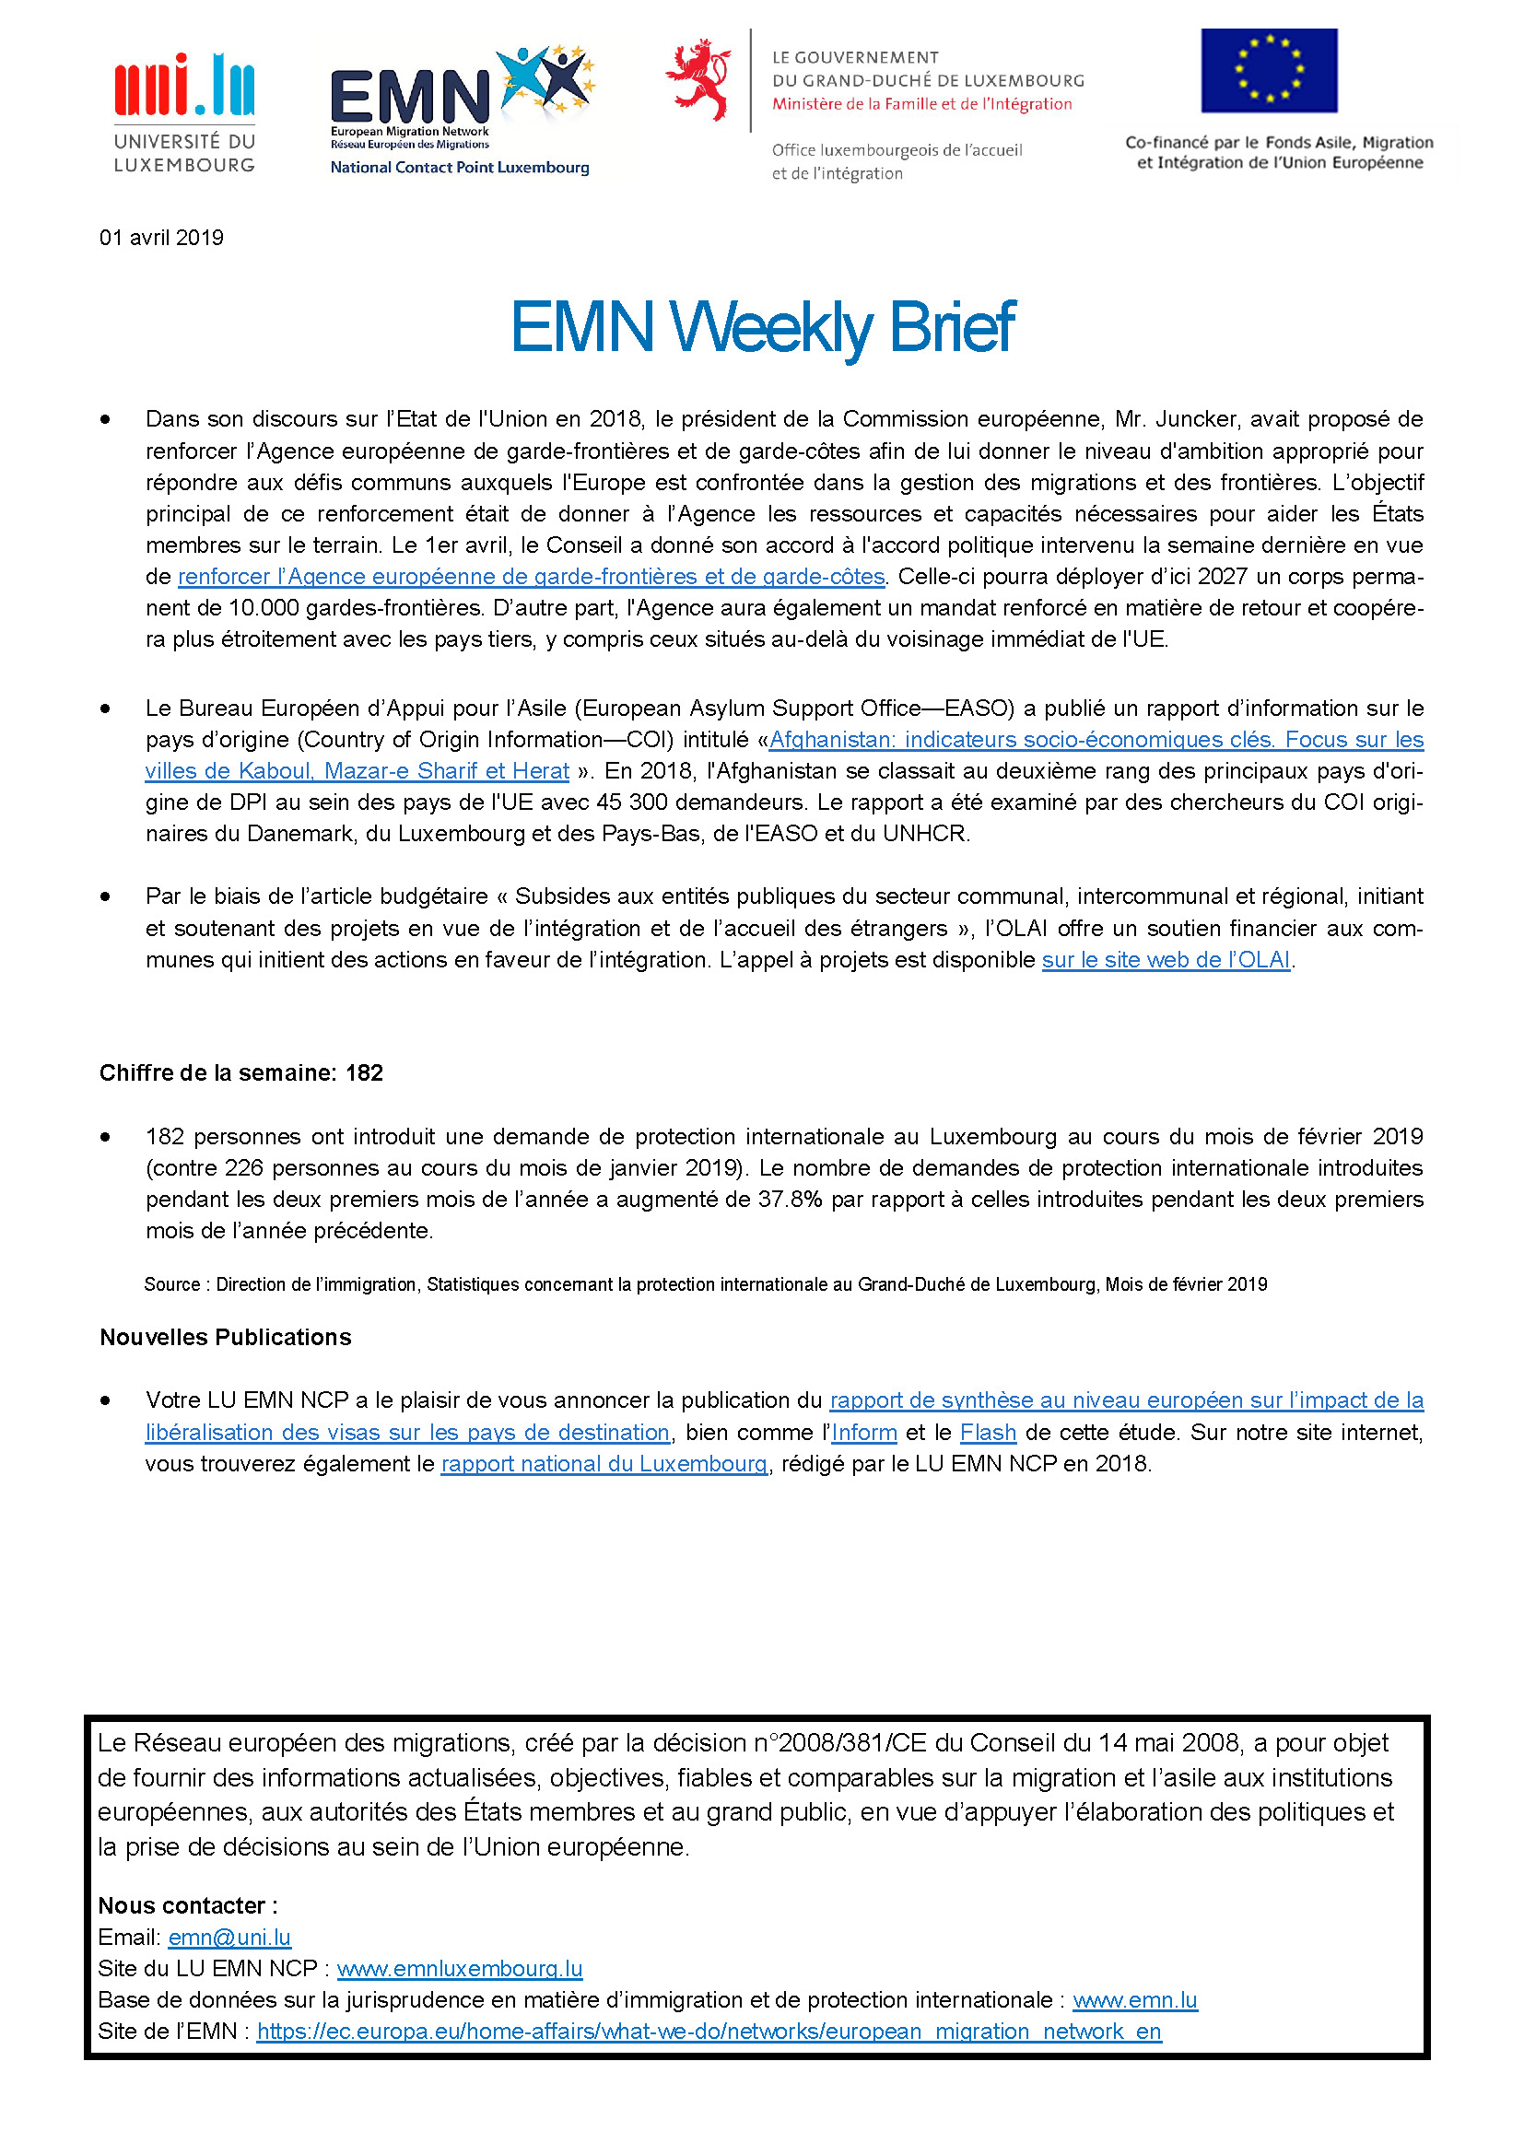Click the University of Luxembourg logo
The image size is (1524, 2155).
click(184, 112)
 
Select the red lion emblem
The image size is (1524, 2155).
click(698, 80)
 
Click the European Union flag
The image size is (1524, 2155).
click(1269, 70)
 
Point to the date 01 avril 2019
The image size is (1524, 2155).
click(161, 238)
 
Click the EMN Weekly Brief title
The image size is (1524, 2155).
click(762, 328)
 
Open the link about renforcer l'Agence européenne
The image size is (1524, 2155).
click(531, 576)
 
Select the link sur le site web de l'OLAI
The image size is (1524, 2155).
click(1166, 960)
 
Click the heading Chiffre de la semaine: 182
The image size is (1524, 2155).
click(241, 1072)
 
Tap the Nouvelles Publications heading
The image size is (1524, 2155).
click(225, 1337)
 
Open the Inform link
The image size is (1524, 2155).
click(863, 1433)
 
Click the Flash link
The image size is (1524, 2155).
click(987, 1433)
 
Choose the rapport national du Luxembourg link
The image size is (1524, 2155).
click(604, 1463)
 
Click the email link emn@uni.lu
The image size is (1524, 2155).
click(229, 1938)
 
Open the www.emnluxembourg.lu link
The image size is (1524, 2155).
click(459, 1968)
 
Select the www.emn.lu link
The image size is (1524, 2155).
click(1134, 2000)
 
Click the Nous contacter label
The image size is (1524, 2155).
click(187, 1905)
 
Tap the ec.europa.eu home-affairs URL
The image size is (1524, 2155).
click(709, 2032)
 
